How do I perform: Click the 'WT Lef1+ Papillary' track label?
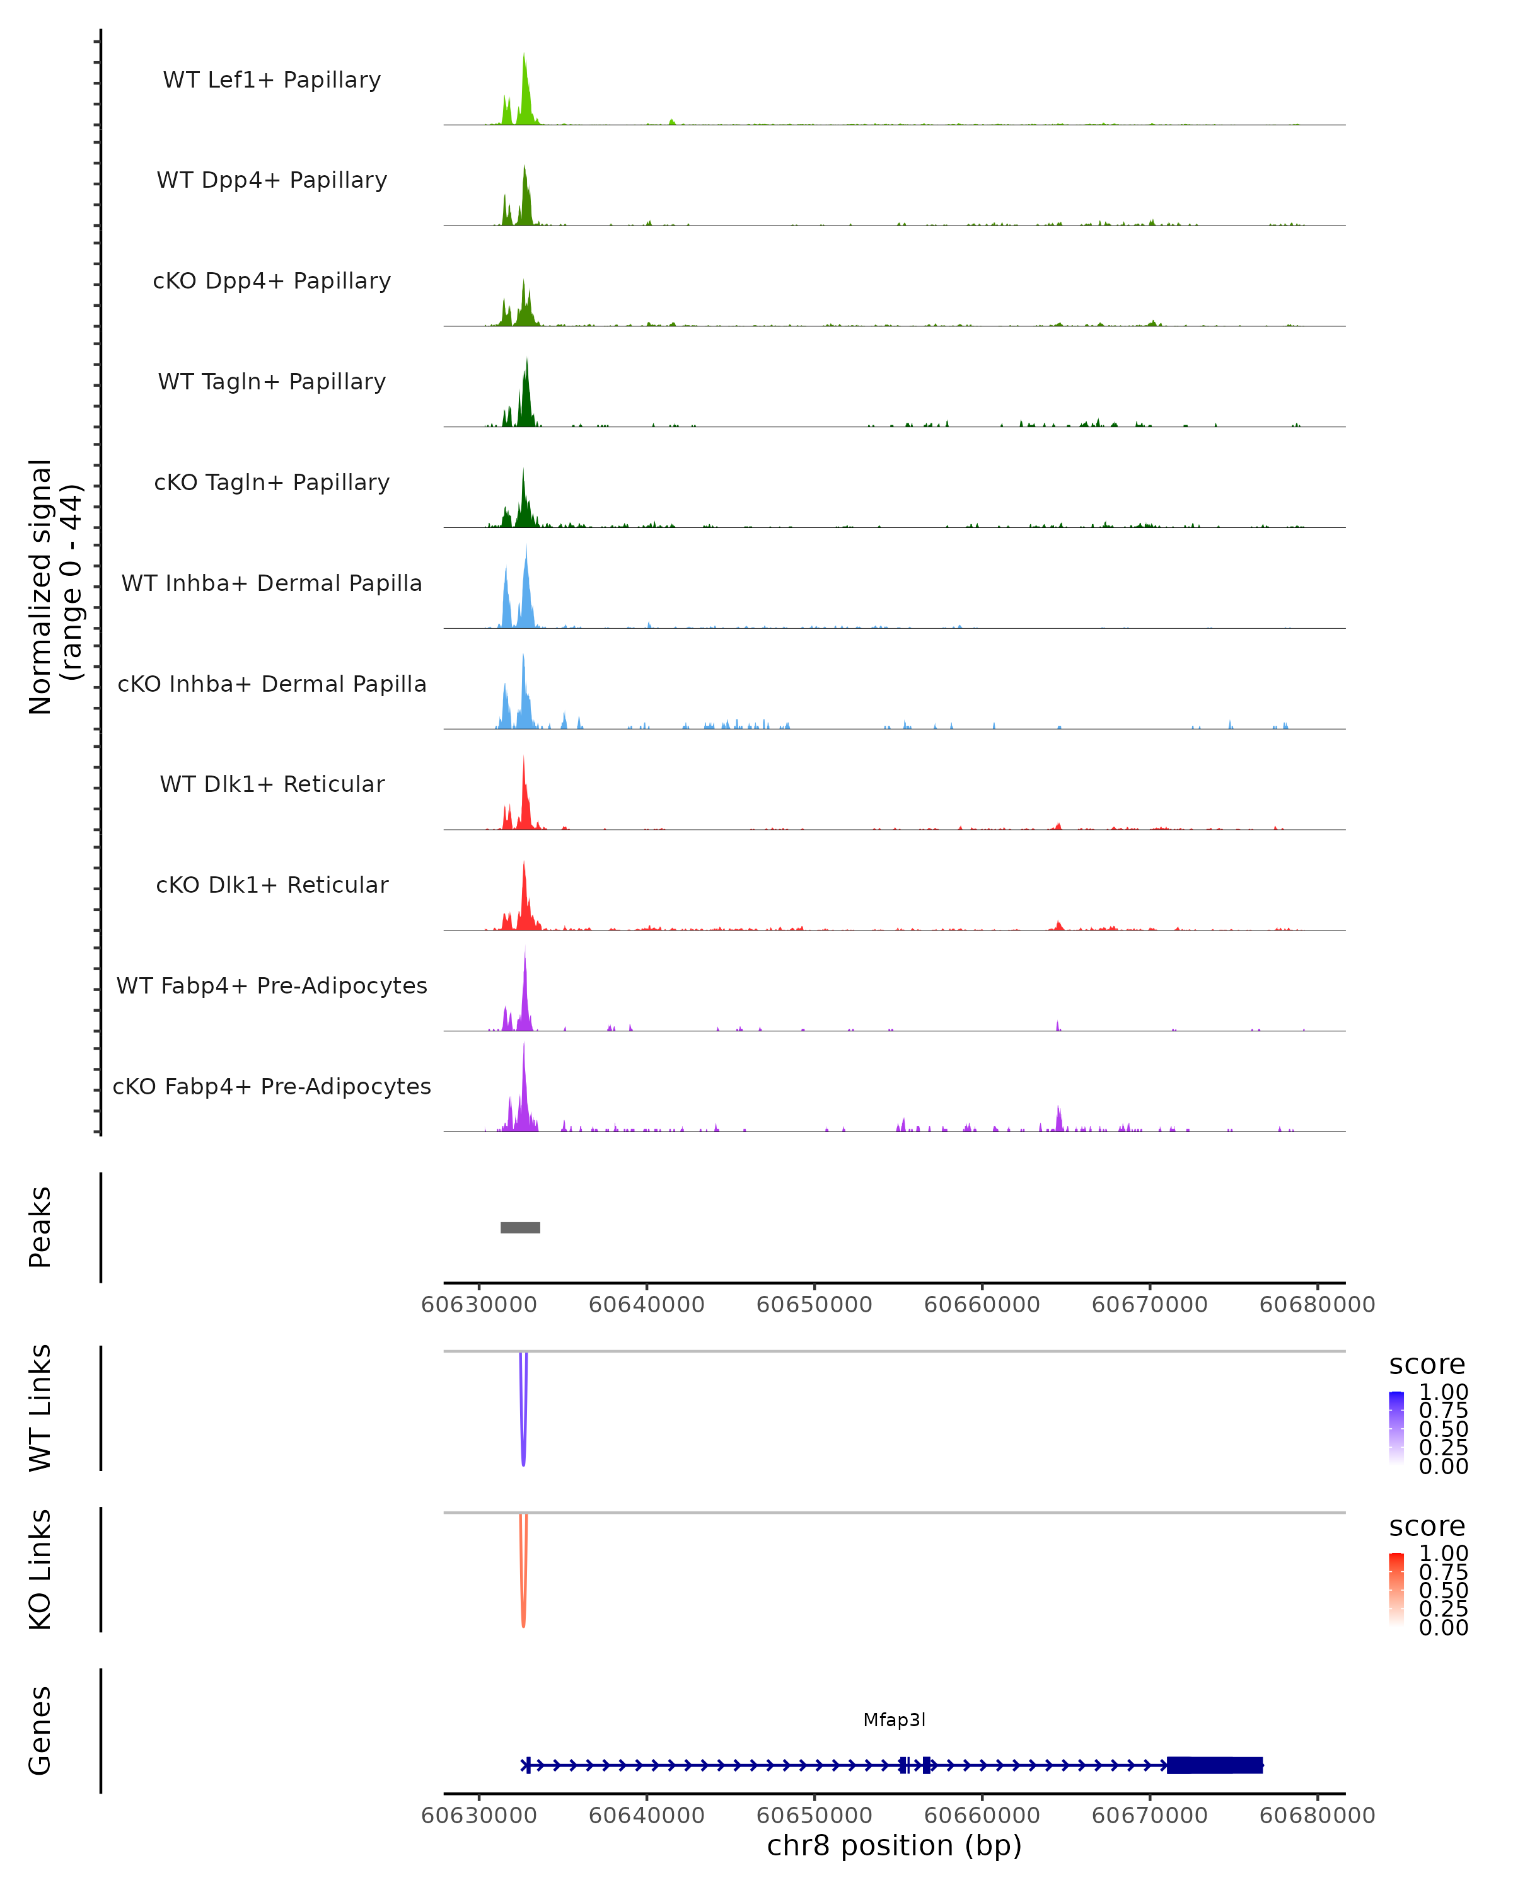pos(272,80)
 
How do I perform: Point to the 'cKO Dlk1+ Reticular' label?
pos(272,885)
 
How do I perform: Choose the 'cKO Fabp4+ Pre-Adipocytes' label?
pos(272,1086)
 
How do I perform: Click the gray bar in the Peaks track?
pos(520,1227)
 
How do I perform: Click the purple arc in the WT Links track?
pos(524,1455)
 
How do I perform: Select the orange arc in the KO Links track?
pos(524,1617)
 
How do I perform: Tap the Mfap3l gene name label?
pos(894,1720)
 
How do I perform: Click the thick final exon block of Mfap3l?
pos(1214,1765)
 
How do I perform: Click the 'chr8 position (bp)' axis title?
pos(894,1845)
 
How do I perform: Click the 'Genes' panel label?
pos(40,1731)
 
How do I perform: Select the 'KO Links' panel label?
pos(40,1569)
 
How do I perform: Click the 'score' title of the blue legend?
pos(1427,1365)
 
